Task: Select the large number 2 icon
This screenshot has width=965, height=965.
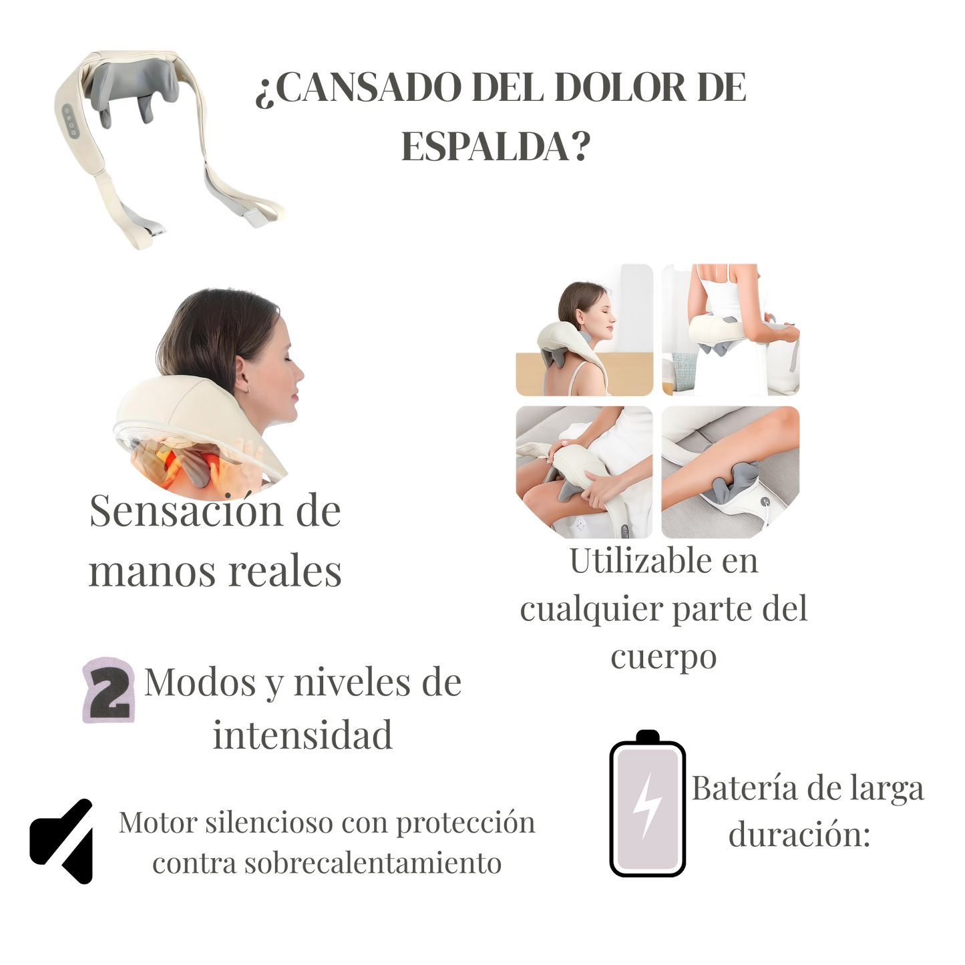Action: pos(108,690)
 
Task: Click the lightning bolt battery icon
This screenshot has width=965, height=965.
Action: pos(647,808)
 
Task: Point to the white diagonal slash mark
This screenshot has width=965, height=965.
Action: pos(72,841)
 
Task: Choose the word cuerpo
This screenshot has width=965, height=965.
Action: pos(663,657)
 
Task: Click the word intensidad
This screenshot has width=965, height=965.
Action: pos(303,735)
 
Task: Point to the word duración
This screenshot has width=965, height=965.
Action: pos(799,835)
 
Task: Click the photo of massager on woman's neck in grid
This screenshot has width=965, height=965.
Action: pos(584,330)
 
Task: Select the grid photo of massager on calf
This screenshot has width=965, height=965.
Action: pos(731,471)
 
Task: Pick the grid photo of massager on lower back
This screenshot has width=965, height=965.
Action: pos(731,330)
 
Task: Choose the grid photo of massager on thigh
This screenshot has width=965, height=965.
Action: pos(584,471)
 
